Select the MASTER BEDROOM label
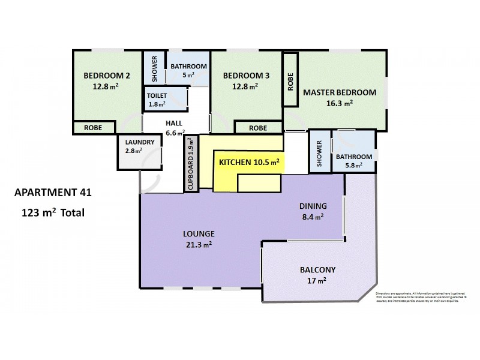pyautogui.click(x=339, y=92)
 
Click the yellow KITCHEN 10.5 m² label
pyautogui.click(x=249, y=163)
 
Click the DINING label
pyautogui.click(x=313, y=206)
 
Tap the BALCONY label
pyautogui.click(x=317, y=269)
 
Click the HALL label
pyautogui.click(x=175, y=123)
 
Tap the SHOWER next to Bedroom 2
pyautogui.click(x=154, y=68)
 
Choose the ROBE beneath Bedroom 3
pyautogui.click(x=257, y=128)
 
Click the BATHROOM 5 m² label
pyautogui.click(x=188, y=70)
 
